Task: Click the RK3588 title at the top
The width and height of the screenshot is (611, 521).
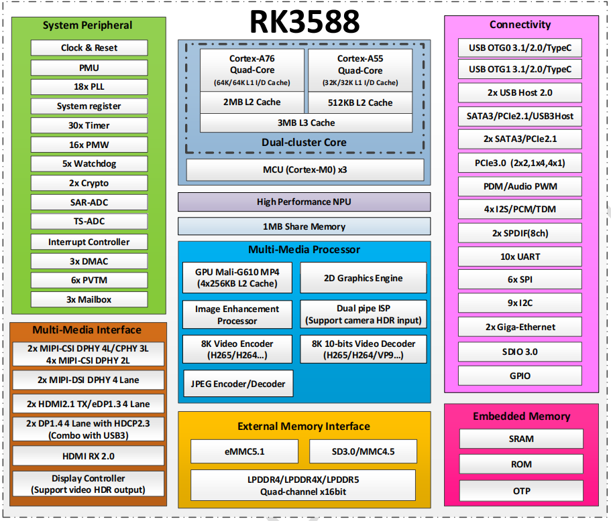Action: tap(304, 21)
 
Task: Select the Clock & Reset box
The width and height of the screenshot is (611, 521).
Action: tap(89, 48)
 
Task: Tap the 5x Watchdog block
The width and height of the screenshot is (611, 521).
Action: tap(89, 164)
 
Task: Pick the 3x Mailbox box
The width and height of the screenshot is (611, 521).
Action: tap(89, 299)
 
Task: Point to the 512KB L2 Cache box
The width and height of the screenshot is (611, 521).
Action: tap(360, 102)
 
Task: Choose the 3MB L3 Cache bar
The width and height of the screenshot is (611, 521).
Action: tap(306, 123)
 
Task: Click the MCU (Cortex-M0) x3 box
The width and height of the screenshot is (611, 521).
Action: tap(304, 169)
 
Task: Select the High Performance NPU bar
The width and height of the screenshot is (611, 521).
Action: tap(304, 202)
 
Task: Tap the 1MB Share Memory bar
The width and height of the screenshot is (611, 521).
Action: tap(304, 226)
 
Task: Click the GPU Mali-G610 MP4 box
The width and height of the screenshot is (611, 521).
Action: tap(237, 278)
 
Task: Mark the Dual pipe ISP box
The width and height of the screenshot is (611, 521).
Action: tap(363, 314)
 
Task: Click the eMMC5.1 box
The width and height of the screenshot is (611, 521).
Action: tap(245, 451)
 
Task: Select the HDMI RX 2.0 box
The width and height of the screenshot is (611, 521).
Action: tap(88, 455)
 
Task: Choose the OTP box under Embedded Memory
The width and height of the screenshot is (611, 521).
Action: tap(521, 491)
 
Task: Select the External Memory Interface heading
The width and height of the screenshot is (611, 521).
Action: tap(303, 426)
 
